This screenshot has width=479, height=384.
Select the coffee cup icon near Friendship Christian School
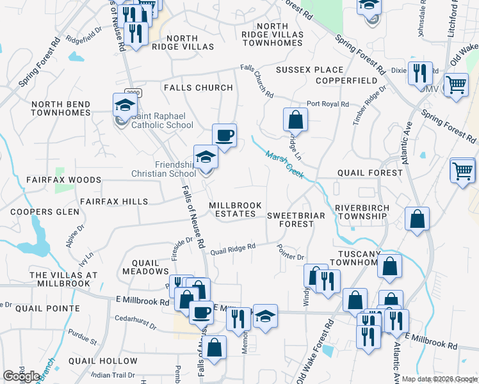point(224,135)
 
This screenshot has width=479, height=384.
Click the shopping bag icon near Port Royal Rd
point(295,119)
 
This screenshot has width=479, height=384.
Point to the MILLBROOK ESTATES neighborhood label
point(236,209)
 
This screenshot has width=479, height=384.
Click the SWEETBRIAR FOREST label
point(296,220)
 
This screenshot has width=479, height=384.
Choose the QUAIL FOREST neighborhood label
point(371,173)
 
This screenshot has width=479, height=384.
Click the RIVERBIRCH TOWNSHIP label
point(362,212)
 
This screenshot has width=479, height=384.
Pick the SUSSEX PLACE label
point(309,70)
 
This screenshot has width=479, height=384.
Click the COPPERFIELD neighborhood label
point(346,81)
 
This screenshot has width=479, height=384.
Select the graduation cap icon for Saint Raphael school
point(125,105)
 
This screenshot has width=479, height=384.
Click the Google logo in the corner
point(21,376)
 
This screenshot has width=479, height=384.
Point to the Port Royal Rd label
point(327,104)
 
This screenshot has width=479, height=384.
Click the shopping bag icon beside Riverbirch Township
point(417,219)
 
